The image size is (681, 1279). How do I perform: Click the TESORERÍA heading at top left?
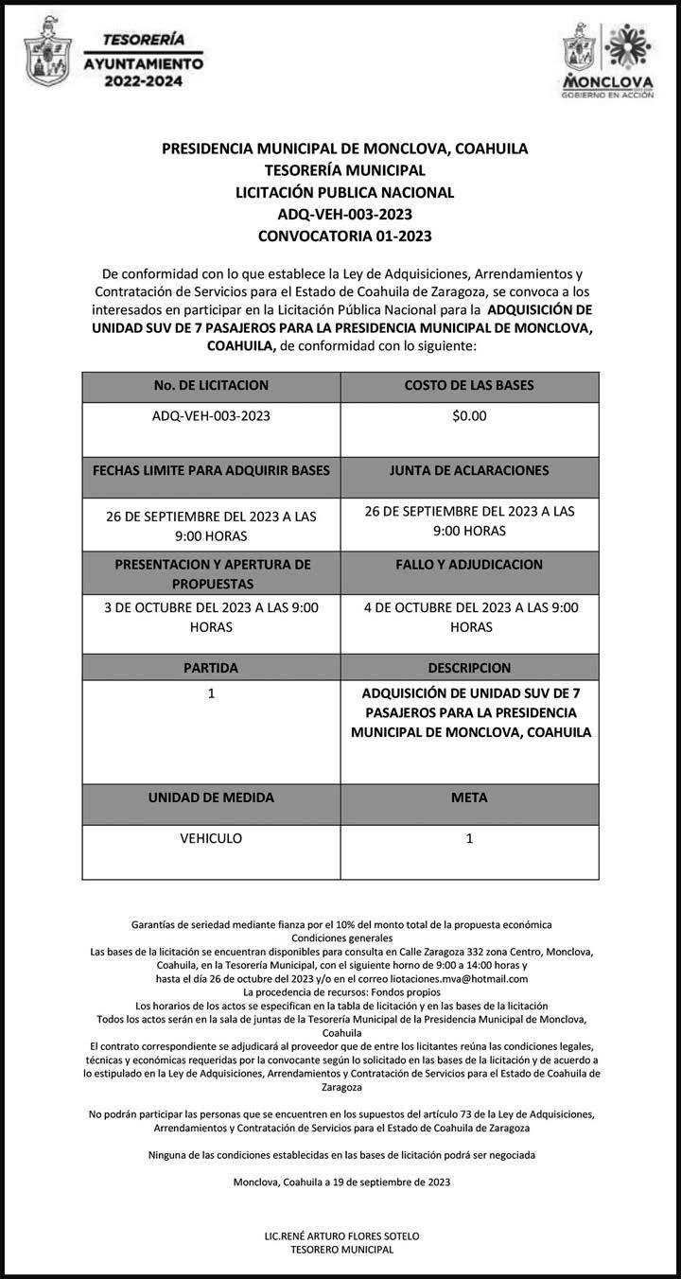coord(143,40)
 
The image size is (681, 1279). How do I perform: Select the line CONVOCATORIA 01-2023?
coord(344,236)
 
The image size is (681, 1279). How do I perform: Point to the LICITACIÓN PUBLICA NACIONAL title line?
coord(344,192)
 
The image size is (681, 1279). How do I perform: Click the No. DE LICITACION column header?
coord(211,386)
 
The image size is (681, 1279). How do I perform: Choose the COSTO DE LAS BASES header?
coord(469,386)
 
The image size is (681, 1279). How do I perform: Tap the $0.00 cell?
coord(469,415)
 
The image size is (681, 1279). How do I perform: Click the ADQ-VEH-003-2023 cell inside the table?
coord(211,415)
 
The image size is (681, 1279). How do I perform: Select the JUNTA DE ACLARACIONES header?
coord(469,470)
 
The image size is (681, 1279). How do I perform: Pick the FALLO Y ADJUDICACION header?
coord(469,565)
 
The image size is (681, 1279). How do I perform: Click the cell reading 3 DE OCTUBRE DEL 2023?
coord(211,617)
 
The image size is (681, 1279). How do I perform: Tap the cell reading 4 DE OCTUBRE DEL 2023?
coord(469,617)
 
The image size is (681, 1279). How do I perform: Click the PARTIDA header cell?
coord(211,668)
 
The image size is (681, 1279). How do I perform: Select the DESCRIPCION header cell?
coord(469,668)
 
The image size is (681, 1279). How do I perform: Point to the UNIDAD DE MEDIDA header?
coord(211,797)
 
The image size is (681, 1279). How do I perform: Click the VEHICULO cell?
coord(211,838)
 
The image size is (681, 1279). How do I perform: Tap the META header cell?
coord(469,797)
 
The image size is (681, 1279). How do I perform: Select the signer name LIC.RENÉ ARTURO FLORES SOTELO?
coord(341,1236)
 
